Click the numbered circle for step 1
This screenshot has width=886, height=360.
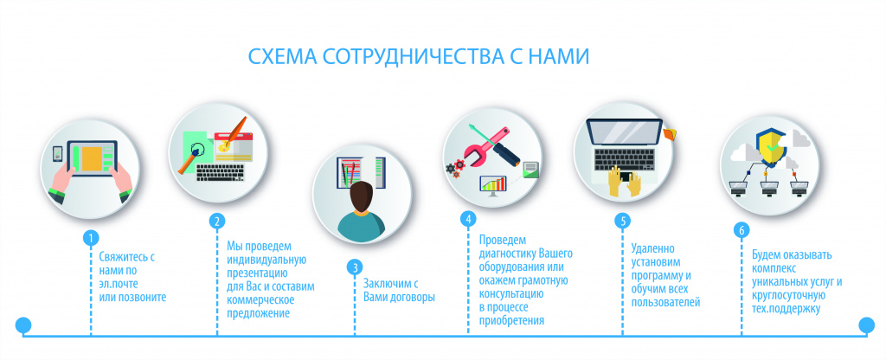[x=90, y=238]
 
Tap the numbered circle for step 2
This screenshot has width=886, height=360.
[x=217, y=221]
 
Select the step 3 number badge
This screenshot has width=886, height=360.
[x=355, y=267]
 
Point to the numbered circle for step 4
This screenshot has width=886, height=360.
[x=468, y=219]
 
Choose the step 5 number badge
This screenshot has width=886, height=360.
[x=623, y=221]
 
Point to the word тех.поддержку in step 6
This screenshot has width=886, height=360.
[x=786, y=309]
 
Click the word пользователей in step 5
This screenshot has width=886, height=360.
[x=666, y=303]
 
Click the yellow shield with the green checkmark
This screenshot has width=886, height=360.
[x=771, y=145]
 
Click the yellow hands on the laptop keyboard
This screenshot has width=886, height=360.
[x=625, y=182]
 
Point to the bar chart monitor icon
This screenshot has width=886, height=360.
[x=492, y=186]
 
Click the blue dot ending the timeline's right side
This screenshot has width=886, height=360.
[x=866, y=325]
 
